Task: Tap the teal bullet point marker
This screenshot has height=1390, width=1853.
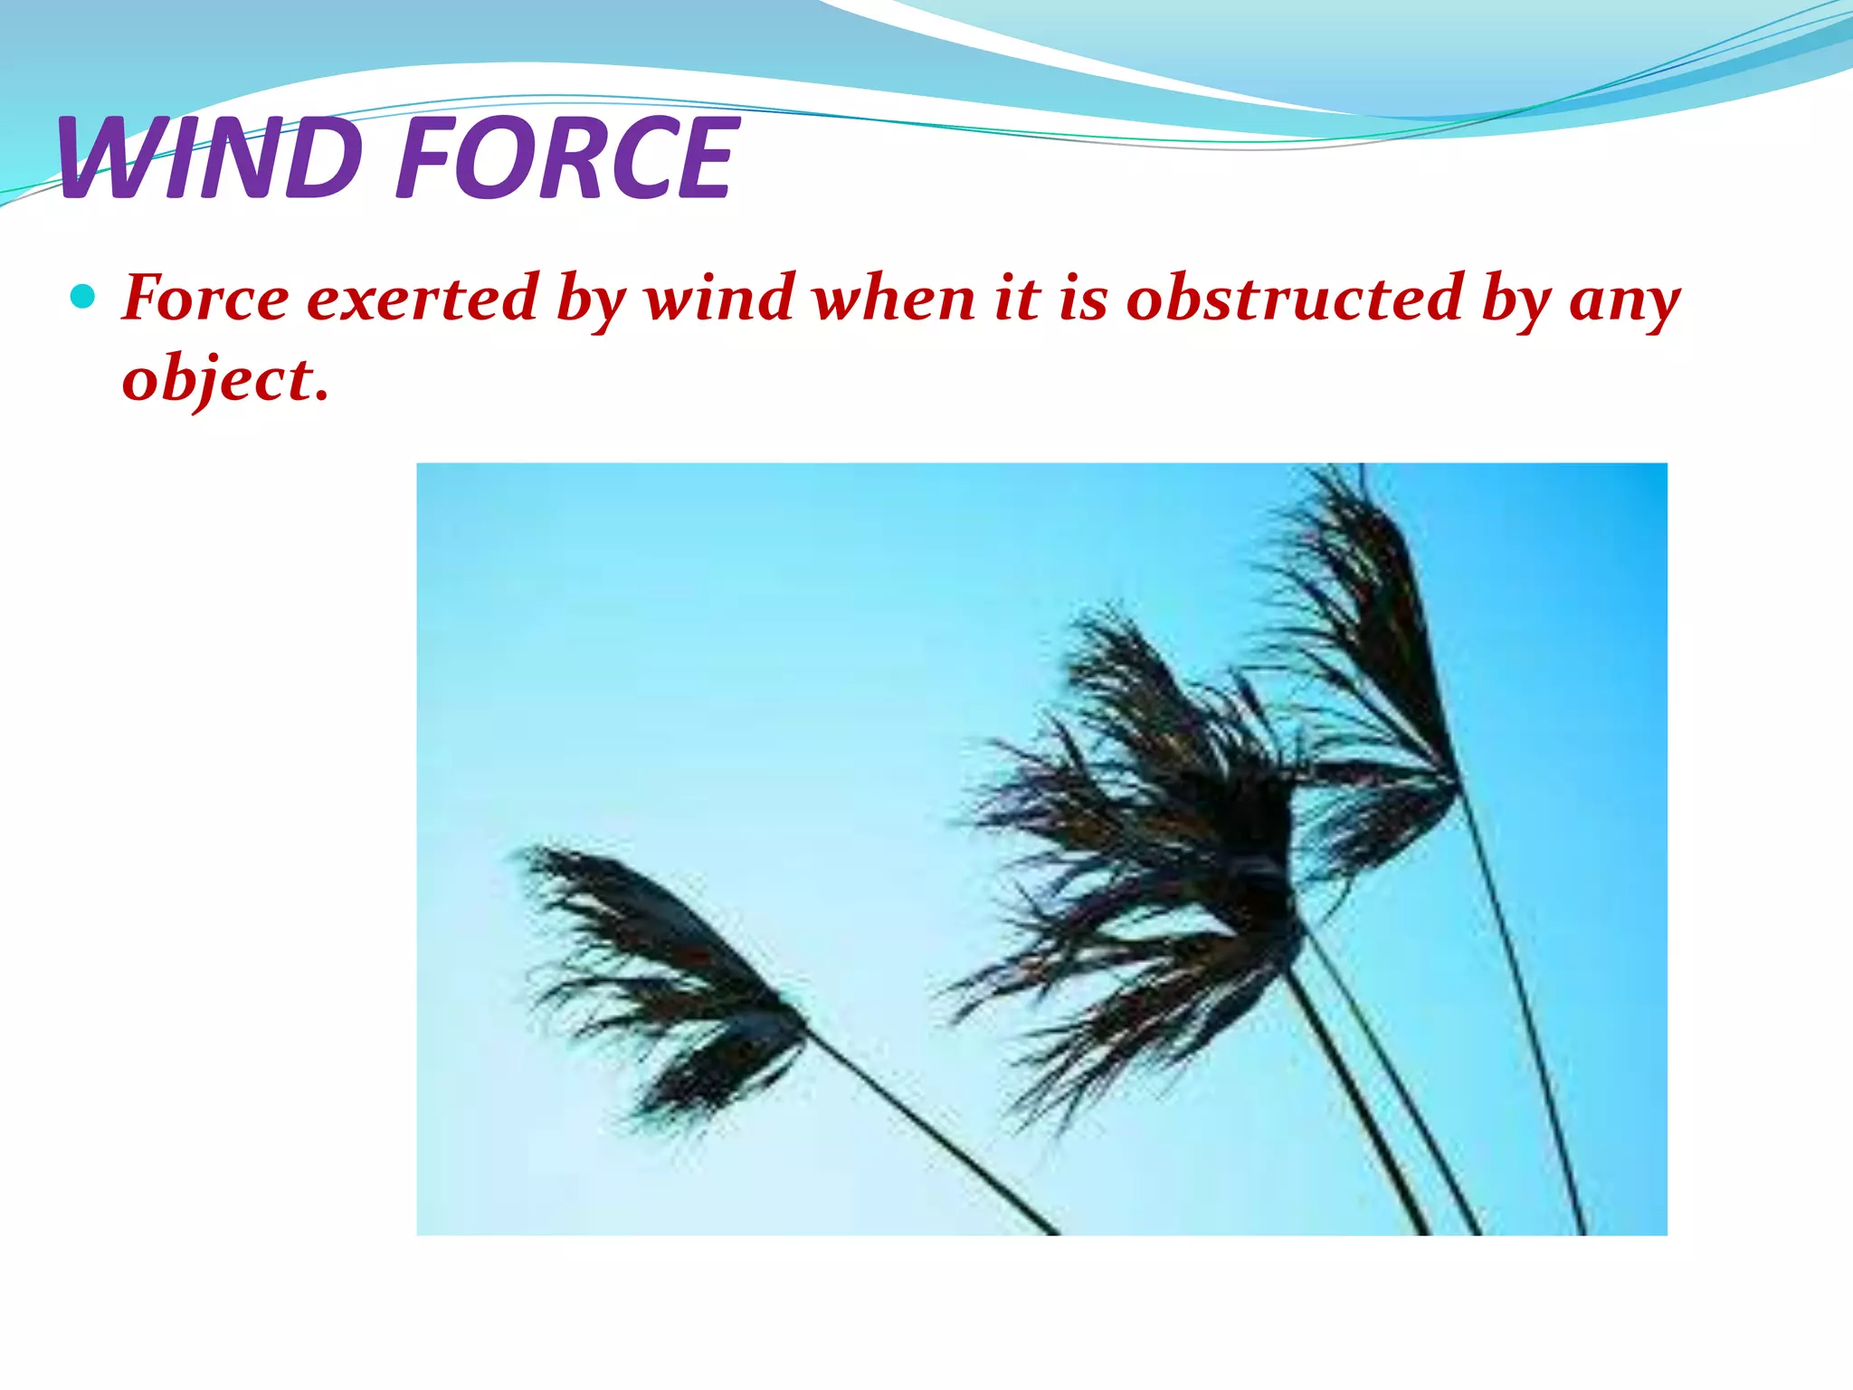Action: point(82,297)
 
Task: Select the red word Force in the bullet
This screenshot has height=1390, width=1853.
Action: point(205,298)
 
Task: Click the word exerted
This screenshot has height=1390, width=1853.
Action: point(423,298)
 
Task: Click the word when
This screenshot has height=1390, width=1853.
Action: point(895,298)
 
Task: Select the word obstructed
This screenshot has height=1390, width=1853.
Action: point(1295,298)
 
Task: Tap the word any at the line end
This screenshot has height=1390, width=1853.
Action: point(1624,303)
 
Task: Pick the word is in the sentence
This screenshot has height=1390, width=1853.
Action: point(1083,298)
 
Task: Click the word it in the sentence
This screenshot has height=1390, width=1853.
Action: point(1018,298)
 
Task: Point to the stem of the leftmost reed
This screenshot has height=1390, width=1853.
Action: point(932,1131)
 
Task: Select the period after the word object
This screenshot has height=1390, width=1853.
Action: point(320,396)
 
